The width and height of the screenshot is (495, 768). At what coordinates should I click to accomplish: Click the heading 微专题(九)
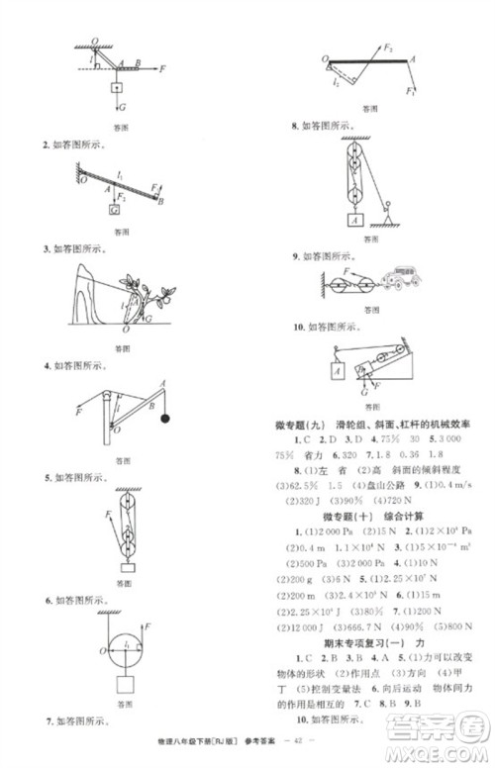point(304,424)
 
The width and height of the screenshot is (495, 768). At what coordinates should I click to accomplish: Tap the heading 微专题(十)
point(342,517)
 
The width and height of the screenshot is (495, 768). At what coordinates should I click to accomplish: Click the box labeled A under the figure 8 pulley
point(351,221)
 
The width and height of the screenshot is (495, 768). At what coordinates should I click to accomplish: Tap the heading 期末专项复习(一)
point(352,670)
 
